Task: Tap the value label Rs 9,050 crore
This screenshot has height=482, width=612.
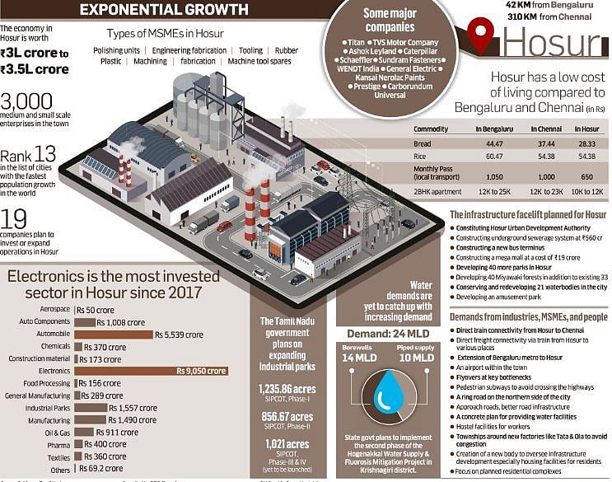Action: pos(201,371)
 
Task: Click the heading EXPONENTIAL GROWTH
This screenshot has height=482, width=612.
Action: pos(164,10)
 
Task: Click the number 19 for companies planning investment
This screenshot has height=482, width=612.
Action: pos(14,219)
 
